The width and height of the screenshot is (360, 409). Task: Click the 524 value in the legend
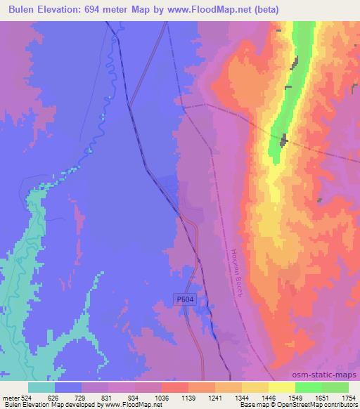click(x=26, y=398)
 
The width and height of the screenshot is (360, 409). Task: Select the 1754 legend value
click(x=349, y=398)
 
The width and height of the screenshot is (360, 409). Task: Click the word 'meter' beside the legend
click(x=10, y=398)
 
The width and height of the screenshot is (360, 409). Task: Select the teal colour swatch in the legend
click(x=41, y=387)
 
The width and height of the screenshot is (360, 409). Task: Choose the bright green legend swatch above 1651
click(x=309, y=387)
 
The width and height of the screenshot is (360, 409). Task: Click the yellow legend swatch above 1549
click(x=282, y=387)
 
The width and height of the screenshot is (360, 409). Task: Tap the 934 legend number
click(x=134, y=398)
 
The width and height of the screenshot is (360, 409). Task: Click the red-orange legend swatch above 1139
click(x=175, y=387)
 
